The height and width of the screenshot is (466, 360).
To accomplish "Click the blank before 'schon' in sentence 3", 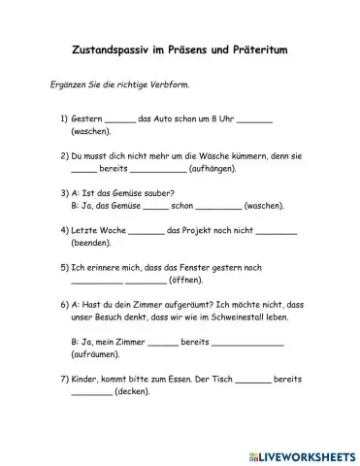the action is click(x=155, y=205).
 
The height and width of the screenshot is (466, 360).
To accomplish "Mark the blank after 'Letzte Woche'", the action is click(x=146, y=231).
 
